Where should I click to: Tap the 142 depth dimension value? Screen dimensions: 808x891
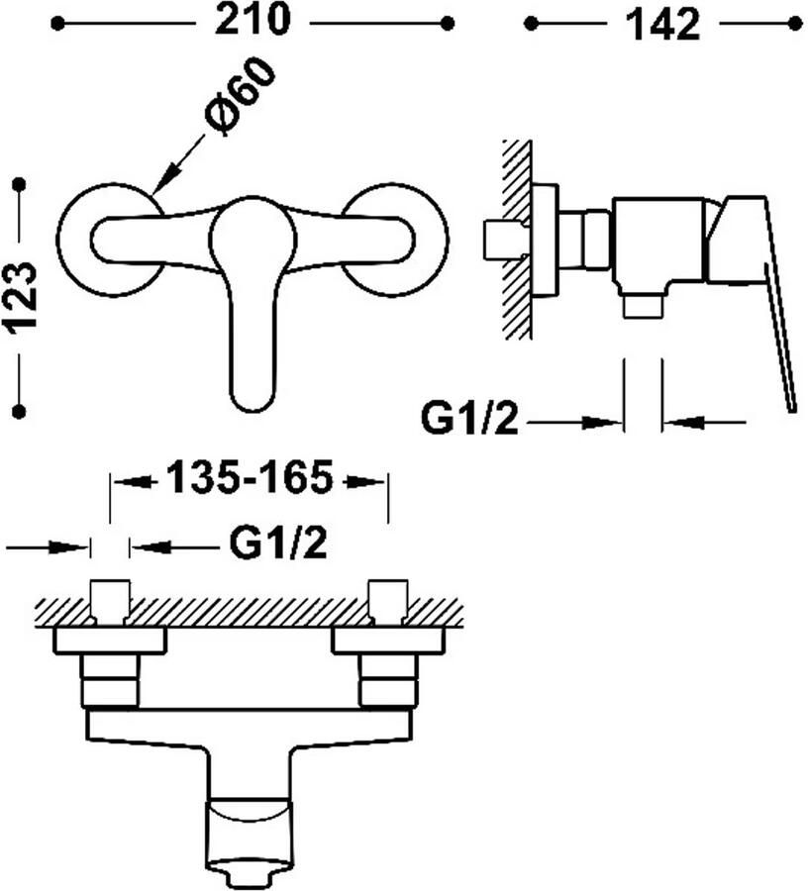click(x=662, y=24)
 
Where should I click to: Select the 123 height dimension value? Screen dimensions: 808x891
click(x=21, y=296)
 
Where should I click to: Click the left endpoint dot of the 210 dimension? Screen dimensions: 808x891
click(x=57, y=24)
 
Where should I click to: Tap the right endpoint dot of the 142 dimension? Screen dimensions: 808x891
click(x=795, y=24)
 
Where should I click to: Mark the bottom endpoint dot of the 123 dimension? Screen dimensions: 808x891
click(x=20, y=410)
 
